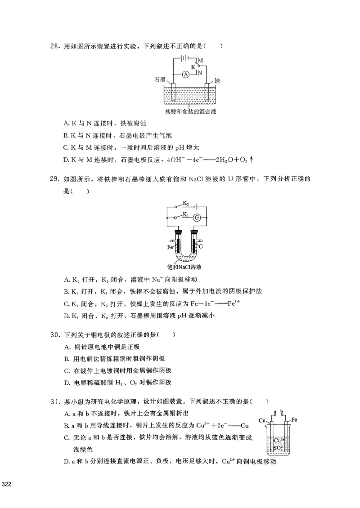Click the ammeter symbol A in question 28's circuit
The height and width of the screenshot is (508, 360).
coord(185,74)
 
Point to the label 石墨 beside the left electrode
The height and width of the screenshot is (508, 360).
coord(159,80)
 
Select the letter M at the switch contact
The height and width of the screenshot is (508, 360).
coord(200,60)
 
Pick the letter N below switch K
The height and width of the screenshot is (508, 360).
coord(200,72)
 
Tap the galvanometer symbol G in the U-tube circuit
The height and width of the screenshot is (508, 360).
coord(196,218)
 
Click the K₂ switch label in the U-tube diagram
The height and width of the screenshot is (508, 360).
coord(185,203)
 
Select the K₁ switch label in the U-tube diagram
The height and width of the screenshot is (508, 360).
coord(184,215)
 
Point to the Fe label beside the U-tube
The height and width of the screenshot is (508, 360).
coord(170,247)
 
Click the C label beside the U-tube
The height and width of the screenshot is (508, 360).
coord(201,246)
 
